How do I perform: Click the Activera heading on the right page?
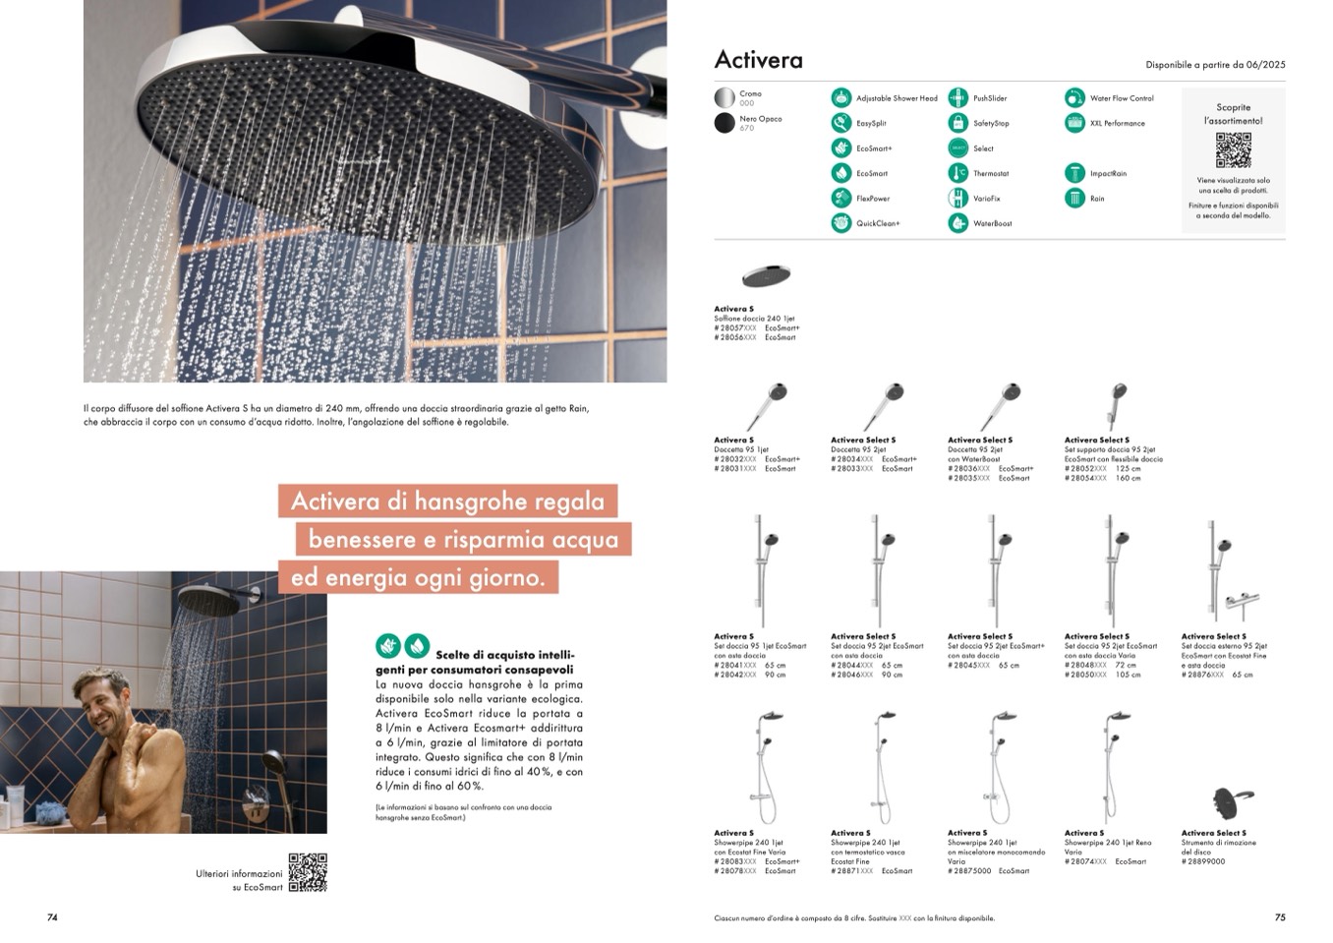758,60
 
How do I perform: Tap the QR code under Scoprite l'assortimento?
1233,149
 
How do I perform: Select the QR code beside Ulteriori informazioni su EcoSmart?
308,872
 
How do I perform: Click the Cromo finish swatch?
724,98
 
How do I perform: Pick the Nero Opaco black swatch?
724,123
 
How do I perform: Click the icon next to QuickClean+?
840,223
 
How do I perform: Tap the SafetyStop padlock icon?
957,123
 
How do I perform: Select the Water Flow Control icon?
1073,97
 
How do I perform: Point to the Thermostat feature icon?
957,173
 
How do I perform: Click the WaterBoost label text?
992,224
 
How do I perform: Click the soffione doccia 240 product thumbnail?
766,275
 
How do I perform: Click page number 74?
53,917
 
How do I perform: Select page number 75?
1280,917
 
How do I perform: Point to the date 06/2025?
1265,65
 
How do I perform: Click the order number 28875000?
969,871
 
